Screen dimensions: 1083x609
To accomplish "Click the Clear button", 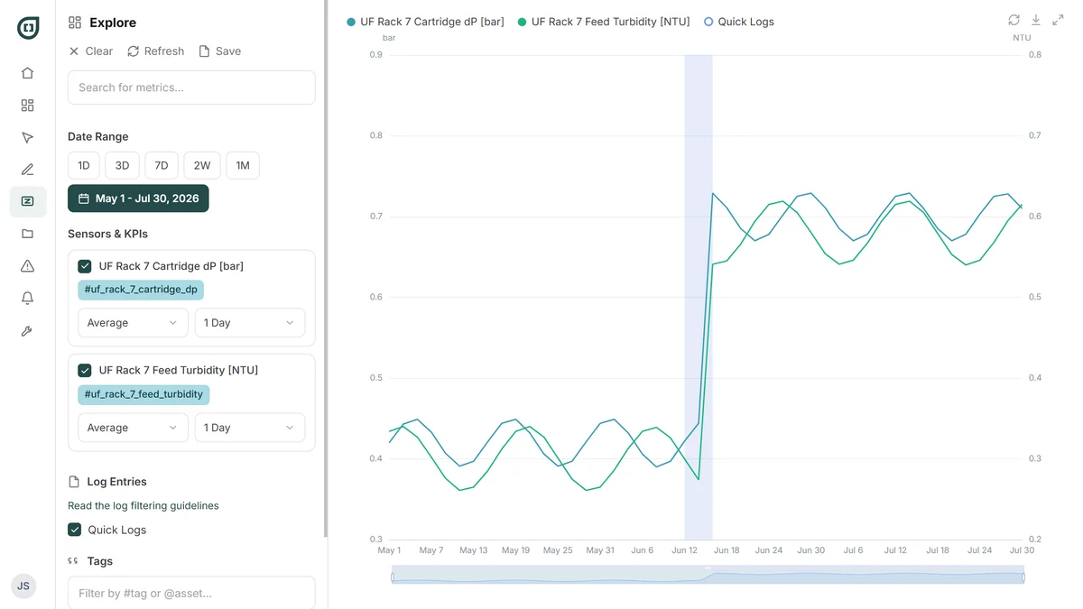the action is click(91, 51).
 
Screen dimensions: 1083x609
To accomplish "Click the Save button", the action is click(220, 51).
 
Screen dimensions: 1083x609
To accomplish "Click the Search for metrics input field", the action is click(191, 88).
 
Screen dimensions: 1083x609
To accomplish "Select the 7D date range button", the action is click(161, 166).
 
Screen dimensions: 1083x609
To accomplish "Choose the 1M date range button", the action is click(243, 166).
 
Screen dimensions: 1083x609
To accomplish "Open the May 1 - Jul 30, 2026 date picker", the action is click(138, 198).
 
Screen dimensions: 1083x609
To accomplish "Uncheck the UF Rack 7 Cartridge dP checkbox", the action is click(85, 266).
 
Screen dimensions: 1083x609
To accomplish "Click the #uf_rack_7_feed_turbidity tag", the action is click(143, 394).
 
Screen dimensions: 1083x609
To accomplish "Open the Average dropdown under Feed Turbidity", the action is click(133, 428).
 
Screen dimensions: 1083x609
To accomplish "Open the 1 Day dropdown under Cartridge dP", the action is click(249, 323).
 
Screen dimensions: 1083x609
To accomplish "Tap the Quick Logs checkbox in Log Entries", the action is click(74, 530).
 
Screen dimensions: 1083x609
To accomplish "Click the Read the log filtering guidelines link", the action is click(143, 505).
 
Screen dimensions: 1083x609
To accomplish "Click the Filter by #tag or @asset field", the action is click(191, 593).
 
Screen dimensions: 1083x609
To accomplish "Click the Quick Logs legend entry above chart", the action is click(739, 22).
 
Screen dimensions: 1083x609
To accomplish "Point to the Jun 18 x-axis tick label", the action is click(727, 550).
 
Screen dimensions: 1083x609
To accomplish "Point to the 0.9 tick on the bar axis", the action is click(375, 55).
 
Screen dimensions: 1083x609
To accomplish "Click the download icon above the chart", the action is click(1036, 20).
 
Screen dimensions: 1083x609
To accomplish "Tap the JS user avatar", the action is click(23, 586).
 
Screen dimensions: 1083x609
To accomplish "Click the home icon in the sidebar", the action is click(28, 73).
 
